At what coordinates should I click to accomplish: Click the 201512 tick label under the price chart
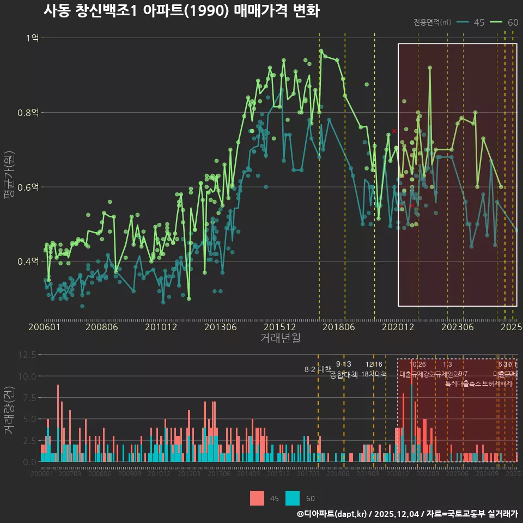pyautogui.click(x=280, y=327)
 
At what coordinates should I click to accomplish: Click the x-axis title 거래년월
pyautogui.click(x=280, y=338)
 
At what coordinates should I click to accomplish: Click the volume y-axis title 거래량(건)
pyautogui.click(x=9, y=410)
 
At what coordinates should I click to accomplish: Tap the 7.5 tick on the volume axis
pyautogui.click(x=29, y=398)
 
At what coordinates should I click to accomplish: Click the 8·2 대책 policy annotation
pyautogui.click(x=318, y=369)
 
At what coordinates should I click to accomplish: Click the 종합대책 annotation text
pyautogui.click(x=343, y=375)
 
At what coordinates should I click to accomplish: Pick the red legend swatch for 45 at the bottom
pyautogui.click(x=257, y=498)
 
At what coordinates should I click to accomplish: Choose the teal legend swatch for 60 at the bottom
pyautogui.click(x=293, y=498)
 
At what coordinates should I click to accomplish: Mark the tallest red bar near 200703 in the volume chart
pyautogui.click(x=58, y=422)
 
